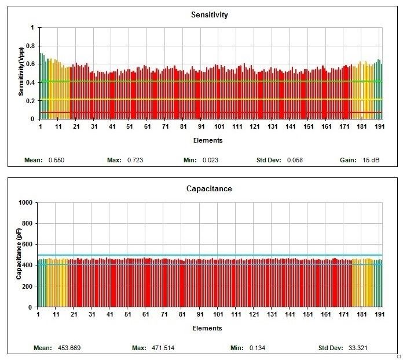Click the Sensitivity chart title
click(209, 15)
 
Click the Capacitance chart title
click(209, 189)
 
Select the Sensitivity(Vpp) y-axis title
click(21, 72)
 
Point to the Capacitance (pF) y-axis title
click(19, 254)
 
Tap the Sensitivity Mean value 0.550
click(56, 159)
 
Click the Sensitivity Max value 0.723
click(134, 159)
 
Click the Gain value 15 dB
click(371, 159)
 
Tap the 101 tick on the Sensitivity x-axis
click(219, 126)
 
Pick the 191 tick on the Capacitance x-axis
click(378, 315)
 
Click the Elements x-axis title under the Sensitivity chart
click(208, 140)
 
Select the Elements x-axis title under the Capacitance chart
click(208, 328)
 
